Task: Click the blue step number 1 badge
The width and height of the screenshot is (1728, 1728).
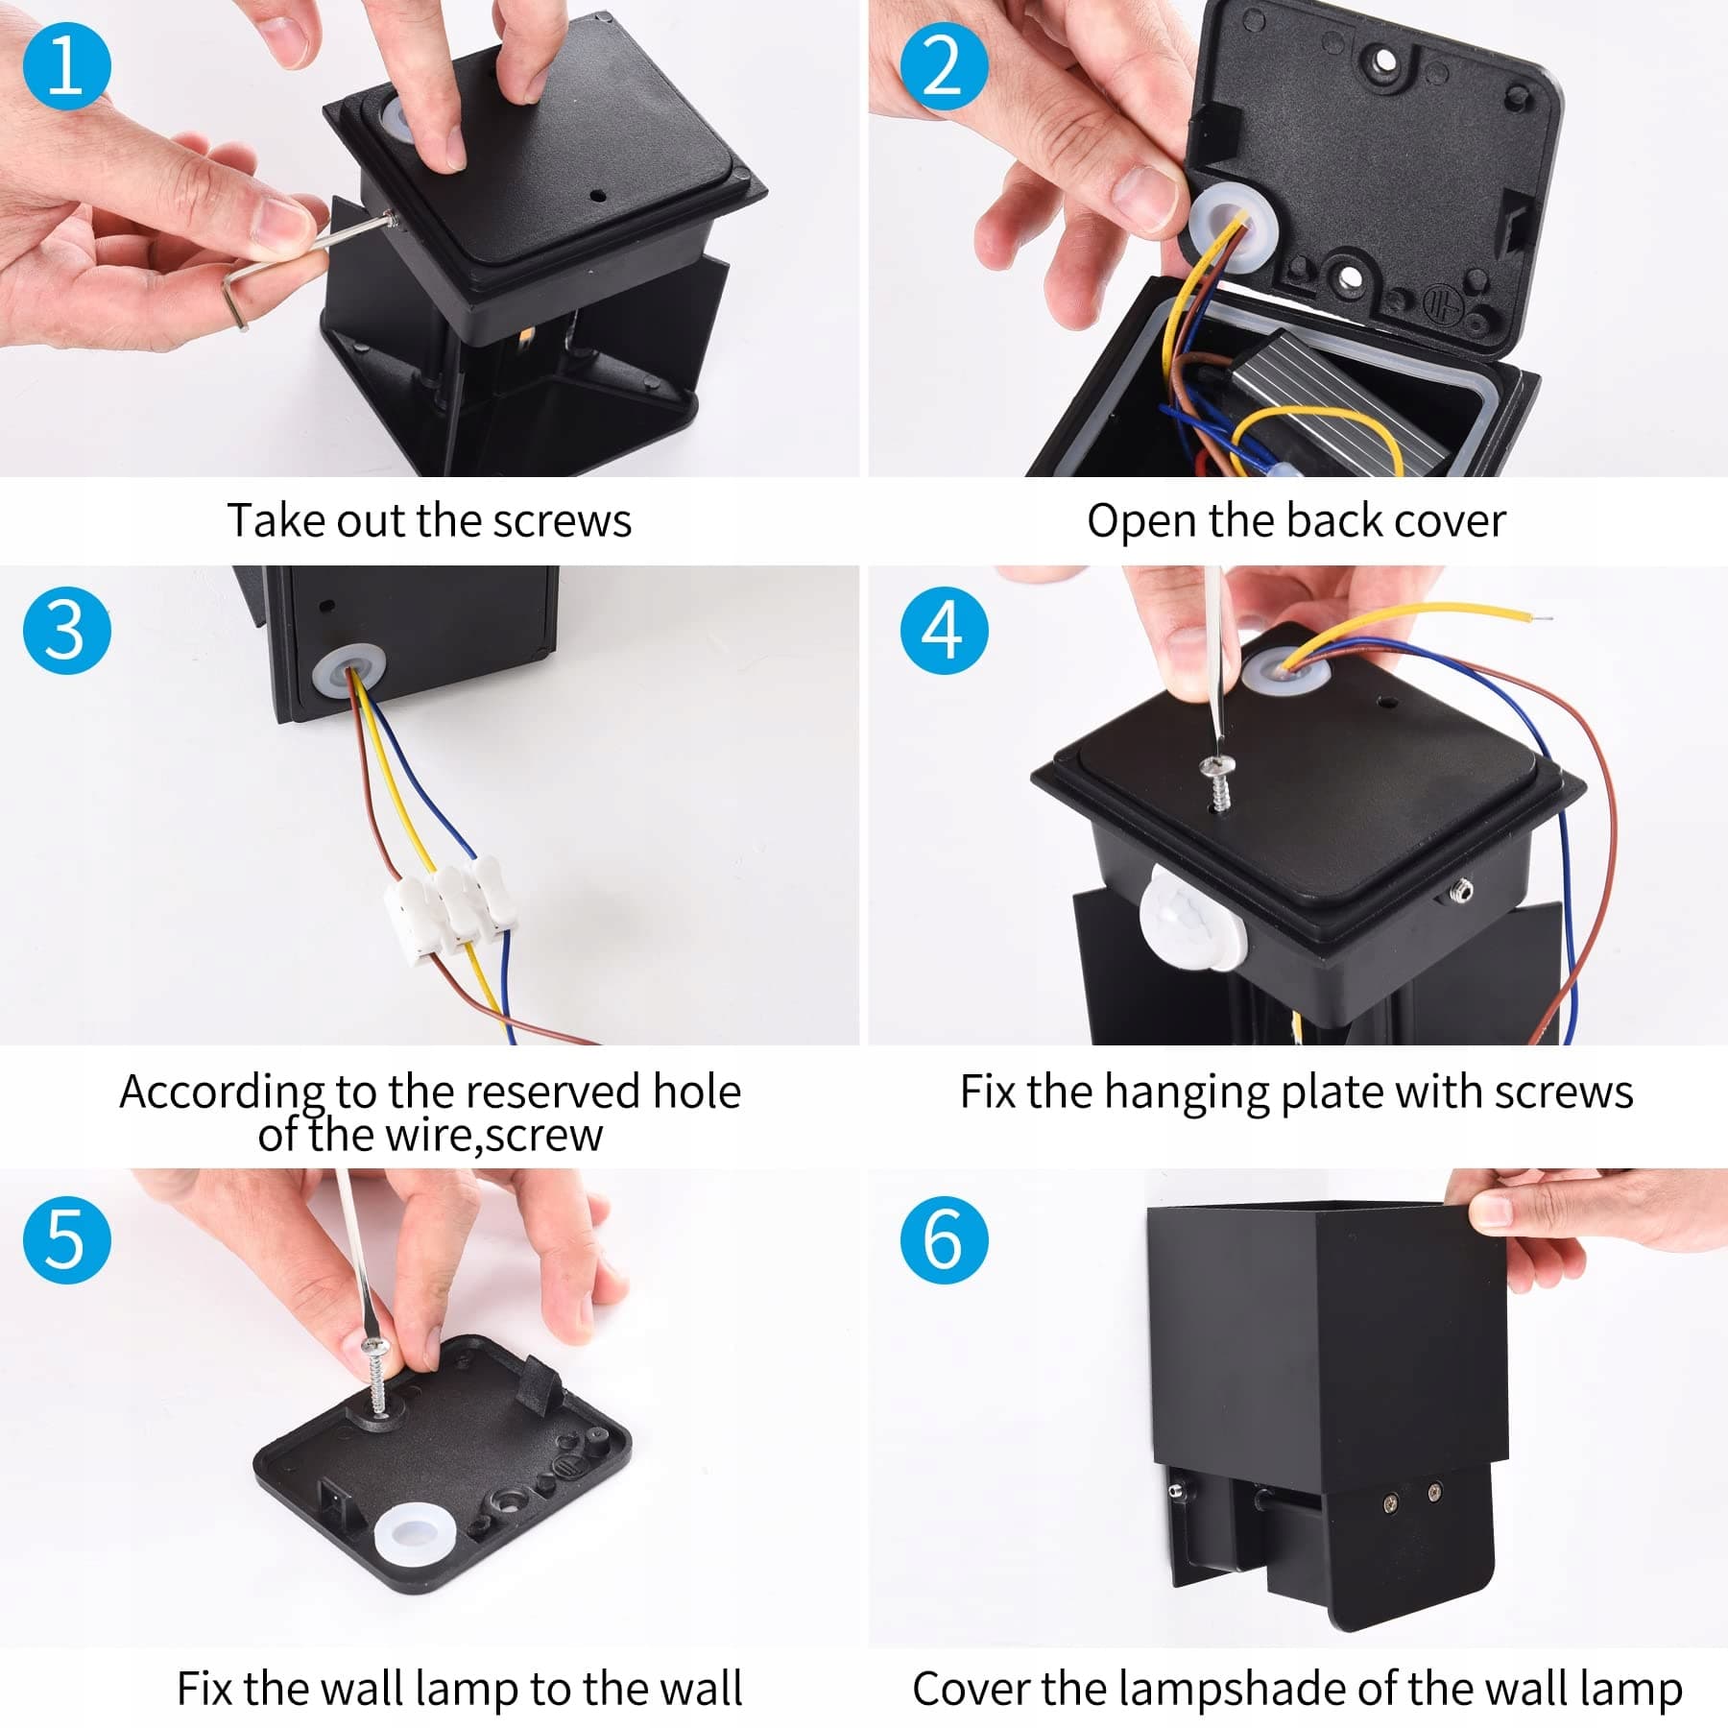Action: (67, 65)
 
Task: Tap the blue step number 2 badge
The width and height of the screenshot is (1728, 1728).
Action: (945, 65)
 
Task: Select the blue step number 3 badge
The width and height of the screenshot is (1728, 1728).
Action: (67, 631)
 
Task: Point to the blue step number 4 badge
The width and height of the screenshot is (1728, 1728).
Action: (945, 631)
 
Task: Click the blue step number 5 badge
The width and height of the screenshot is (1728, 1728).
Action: (67, 1239)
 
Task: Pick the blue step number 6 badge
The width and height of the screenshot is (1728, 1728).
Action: (945, 1239)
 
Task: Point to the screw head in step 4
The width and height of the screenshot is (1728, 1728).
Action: (1217, 766)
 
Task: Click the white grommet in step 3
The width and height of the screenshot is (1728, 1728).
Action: (348, 670)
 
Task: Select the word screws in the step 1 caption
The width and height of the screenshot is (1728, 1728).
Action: (562, 521)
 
